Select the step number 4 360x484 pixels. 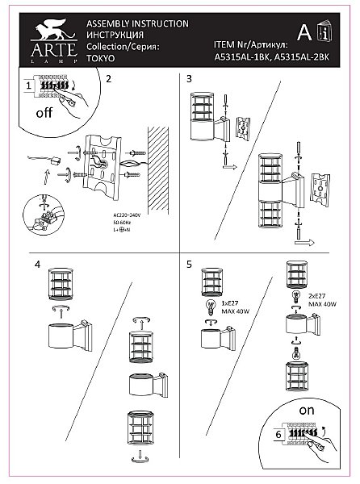pyautogui.click(x=36, y=264)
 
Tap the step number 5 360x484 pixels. pyautogui.click(x=189, y=264)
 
